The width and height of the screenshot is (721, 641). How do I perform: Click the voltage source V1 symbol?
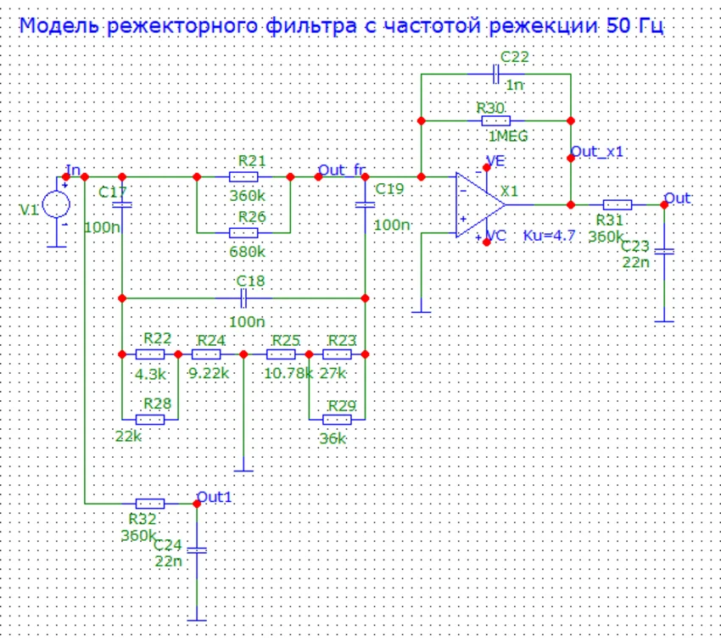tap(57, 204)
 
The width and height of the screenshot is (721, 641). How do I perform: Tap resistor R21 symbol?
tap(243, 176)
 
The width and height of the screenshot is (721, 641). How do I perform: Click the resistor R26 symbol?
tap(243, 231)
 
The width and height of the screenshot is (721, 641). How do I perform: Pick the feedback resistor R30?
tap(496, 121)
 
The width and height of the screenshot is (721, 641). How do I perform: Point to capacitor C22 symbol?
tap(496, 74)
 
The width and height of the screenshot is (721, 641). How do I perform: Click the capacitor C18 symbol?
tap(244, 298)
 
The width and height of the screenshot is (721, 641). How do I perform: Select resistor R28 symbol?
tap(150, 419)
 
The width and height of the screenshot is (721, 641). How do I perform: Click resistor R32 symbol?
tap(150, 503)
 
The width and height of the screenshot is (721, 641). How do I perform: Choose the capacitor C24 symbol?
tap(197, 550)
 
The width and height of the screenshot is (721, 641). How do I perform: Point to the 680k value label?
tap(248, 251)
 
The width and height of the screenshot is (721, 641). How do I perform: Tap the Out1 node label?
tap(214, 496)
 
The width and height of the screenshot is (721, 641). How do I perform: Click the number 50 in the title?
tap(618, 25)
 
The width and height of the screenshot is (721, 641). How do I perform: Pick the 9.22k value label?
tap(208, 371)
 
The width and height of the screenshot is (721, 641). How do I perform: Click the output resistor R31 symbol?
tap(618, 204)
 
